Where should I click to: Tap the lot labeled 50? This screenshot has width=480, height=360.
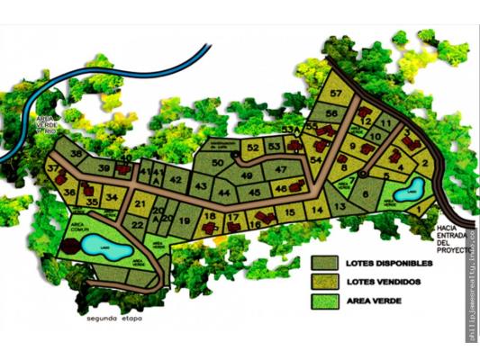tap(219, 162)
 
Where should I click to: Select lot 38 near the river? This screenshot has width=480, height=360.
tap(77, 155)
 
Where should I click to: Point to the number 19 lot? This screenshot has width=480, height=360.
tap(184, 220)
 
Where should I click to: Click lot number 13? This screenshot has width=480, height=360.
tap(339, 207)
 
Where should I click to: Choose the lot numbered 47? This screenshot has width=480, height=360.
tap(281, 169)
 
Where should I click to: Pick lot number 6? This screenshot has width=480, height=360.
tap(366, 193)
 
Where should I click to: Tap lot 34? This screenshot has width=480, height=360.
tap(111, 197)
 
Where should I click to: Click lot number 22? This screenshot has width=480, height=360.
tap(138, 226)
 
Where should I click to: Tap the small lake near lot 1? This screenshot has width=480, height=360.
tap(408, 192)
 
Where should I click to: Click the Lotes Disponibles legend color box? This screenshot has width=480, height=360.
tap(323, 263)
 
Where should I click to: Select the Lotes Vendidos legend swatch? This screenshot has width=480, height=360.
tap(323, 282)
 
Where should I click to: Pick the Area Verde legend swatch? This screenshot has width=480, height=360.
tap(323, 301)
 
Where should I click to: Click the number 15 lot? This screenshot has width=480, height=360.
tap(289, 211)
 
